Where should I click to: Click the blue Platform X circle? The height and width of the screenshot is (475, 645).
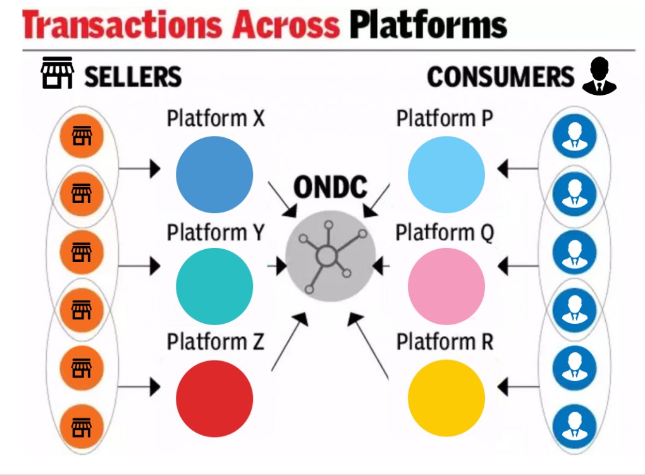coord(214,175)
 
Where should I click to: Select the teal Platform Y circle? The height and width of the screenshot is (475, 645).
coord(214,287)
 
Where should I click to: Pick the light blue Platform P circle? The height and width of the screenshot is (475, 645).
coord(446,175)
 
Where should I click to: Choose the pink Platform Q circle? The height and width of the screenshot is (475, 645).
coord(446,287)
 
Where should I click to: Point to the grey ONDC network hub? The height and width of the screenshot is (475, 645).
coord(331,257)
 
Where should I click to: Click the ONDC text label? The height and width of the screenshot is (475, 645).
coord(331,188)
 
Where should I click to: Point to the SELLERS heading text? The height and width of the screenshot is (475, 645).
coord(133,77)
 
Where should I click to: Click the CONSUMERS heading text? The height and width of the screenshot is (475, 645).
coord(500,77)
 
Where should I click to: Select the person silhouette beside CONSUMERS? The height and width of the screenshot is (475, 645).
coord(598,77)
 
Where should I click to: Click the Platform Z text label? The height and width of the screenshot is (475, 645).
coord(215,342)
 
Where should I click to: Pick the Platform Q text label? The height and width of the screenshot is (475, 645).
coord(445,233)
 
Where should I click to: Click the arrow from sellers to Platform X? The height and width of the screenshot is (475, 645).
coord(139,169)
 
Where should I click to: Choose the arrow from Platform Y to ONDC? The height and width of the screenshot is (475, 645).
coord(278,266)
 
